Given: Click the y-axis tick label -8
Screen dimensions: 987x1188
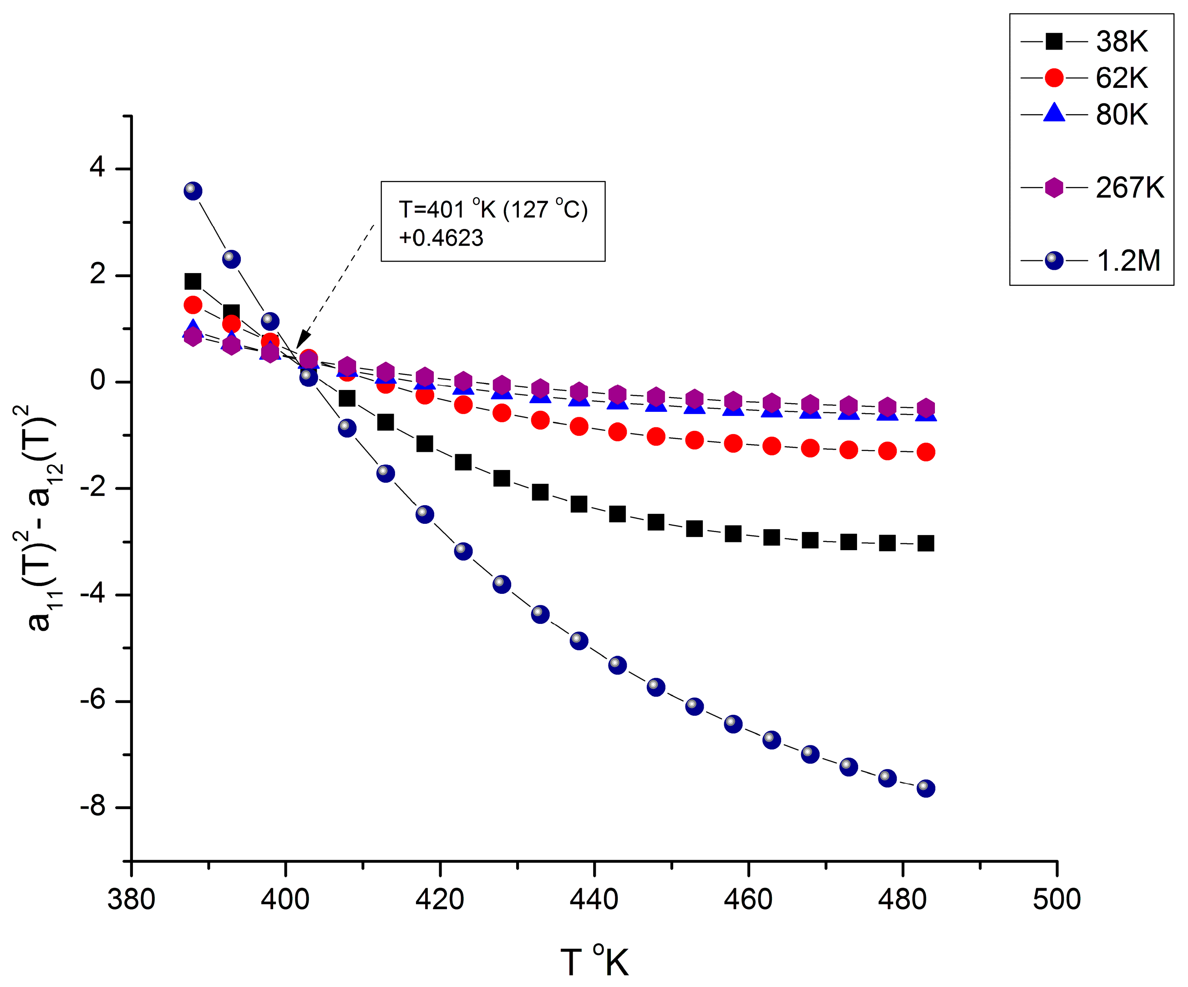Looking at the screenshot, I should (93, 806).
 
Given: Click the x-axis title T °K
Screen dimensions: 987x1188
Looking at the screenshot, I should (594, 962).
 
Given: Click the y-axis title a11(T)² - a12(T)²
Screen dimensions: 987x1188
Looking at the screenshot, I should (39, 517).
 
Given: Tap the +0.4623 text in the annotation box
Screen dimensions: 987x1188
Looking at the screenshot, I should (441, 238).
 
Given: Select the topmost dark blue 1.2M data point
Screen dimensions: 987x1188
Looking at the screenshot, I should (193, 191).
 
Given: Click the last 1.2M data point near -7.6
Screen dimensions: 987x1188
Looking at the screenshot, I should (925, 788).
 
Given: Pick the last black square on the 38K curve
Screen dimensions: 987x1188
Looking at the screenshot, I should (925, 544).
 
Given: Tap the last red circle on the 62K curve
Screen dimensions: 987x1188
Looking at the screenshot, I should (925, 452).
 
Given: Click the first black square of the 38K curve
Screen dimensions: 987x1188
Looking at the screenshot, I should (193, 281).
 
